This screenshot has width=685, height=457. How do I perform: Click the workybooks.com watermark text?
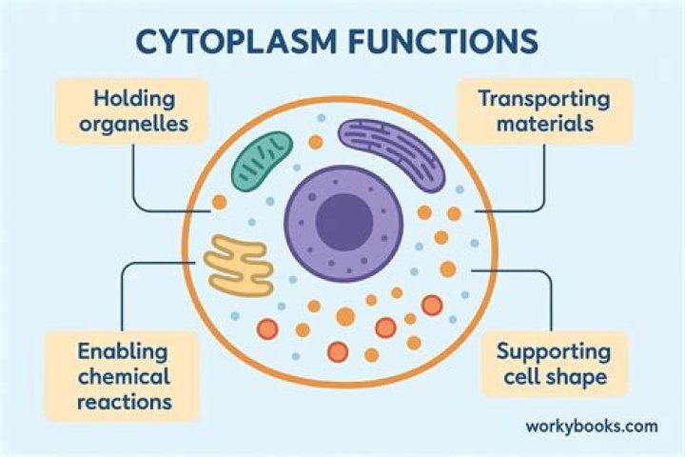tap(591, 426)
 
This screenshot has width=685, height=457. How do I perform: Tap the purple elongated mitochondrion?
tap(392, 152)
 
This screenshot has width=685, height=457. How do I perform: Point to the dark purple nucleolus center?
tap(343, 222)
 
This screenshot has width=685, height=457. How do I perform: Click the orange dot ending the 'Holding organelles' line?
tap(219, 202)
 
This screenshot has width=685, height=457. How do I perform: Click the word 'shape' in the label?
tap(577, 376)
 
